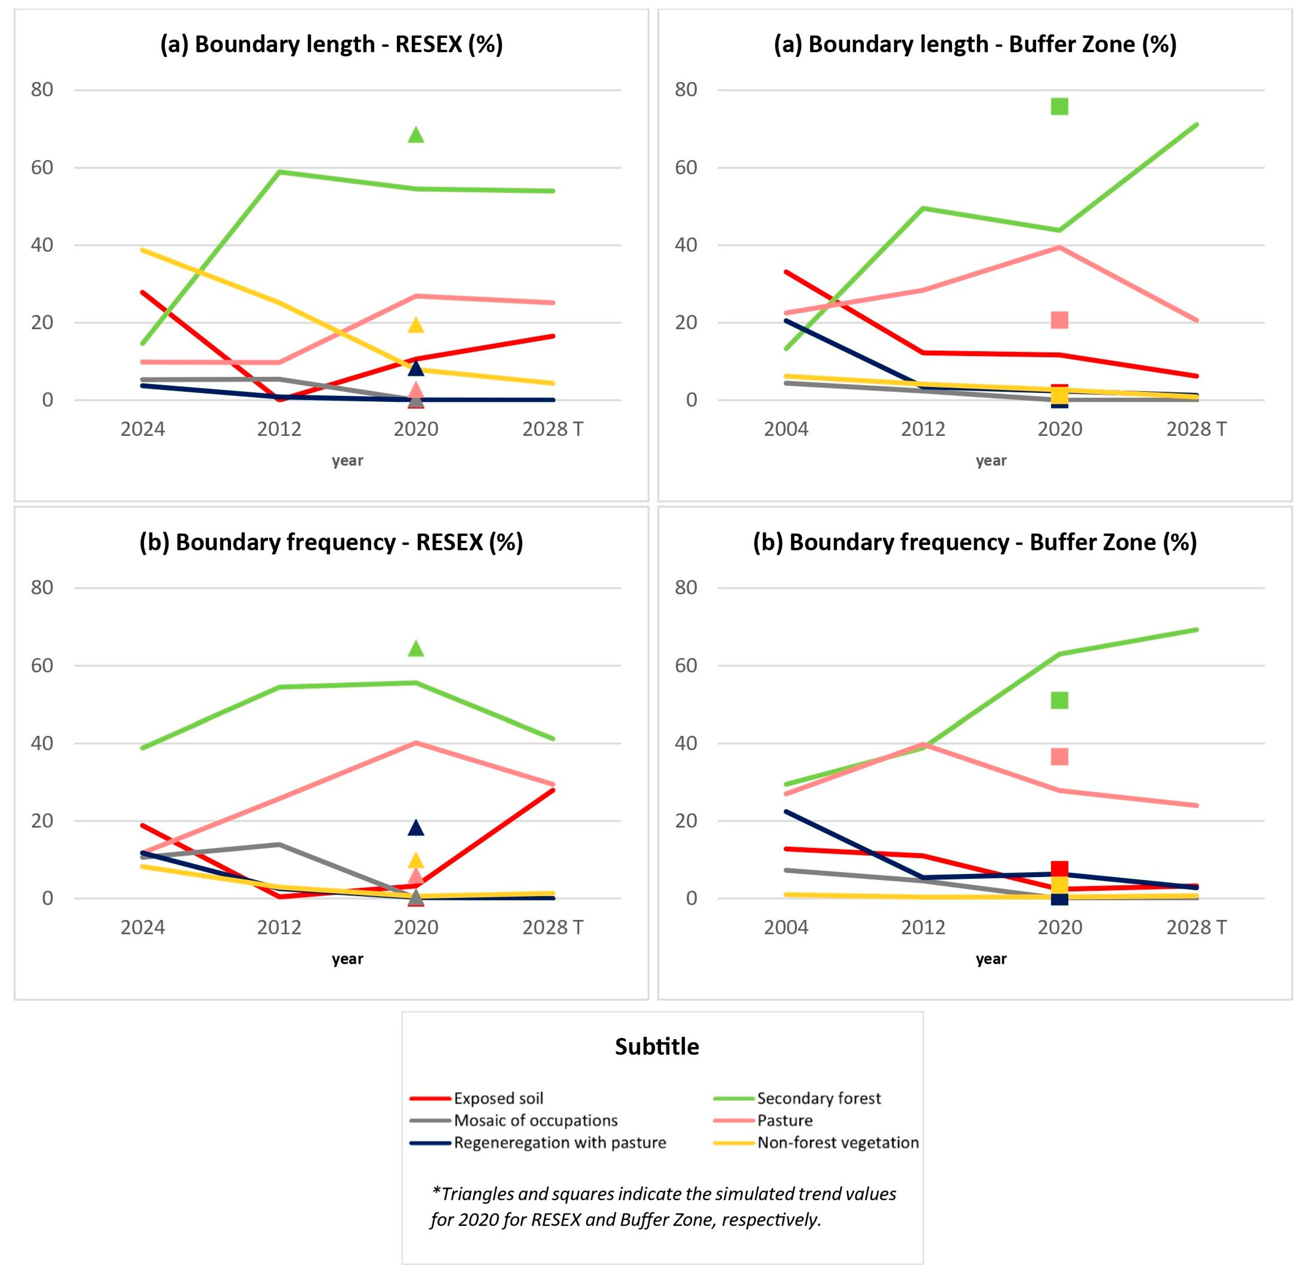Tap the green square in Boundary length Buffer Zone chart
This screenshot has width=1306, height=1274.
(1059, 106)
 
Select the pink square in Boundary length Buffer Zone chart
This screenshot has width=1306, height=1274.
(1059, 320)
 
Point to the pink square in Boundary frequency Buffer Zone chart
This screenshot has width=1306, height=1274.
(1059, 757)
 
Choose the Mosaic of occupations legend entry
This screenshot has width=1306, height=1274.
(535, 1120)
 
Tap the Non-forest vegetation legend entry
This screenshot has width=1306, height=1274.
(838, 1142)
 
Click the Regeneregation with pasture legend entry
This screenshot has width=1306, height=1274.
(559, 1142)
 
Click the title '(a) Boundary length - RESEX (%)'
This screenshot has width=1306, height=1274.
(331, 44)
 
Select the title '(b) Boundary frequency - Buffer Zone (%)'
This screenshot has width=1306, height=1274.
(975, 542)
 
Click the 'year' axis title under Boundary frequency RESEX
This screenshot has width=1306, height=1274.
(347, 959)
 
